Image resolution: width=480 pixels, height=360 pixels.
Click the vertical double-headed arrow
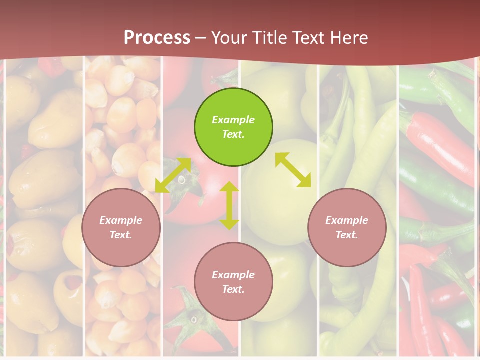229,205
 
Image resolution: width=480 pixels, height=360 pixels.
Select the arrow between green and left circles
173,175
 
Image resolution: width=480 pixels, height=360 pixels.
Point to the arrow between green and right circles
293,170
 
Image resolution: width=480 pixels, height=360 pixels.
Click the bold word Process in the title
157,38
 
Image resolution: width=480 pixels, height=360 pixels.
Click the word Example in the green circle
233,120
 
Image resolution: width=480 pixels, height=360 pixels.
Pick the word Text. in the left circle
121,235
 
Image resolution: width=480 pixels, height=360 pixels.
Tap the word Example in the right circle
347,220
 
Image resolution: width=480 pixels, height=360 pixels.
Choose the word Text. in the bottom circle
233,289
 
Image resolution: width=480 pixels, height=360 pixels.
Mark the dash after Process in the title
201,38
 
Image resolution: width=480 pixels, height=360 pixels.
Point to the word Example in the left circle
121,220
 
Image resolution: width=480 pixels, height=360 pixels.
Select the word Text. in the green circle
233,134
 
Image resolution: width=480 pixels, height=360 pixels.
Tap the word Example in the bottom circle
233,275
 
